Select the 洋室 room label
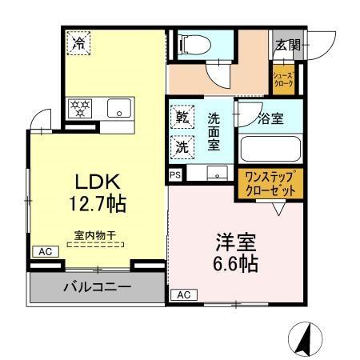(234, 242)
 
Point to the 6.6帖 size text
(235, 264)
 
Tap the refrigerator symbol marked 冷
(79, 42)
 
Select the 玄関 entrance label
(288, 45)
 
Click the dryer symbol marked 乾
(182, 118)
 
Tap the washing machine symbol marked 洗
(182, 147)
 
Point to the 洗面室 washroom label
(214, 131)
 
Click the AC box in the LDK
(43, 251)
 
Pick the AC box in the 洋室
(182, 295)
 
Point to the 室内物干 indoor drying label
(90, 236)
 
